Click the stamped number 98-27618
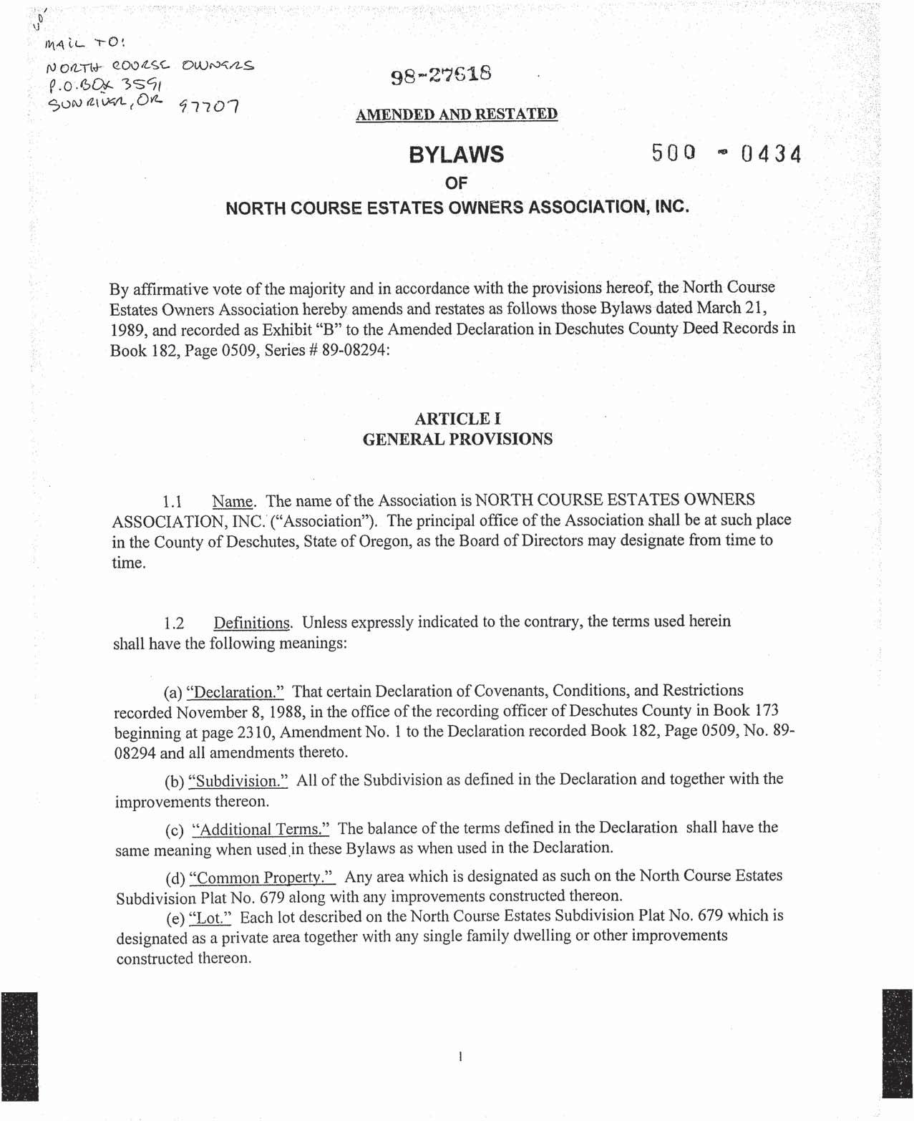441,75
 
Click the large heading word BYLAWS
456,155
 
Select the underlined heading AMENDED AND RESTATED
457,115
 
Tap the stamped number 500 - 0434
726,153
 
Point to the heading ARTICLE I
457,419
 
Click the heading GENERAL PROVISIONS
457,439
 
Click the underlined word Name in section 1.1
233,501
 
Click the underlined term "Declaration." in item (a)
235,692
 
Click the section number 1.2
175,623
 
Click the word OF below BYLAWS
456,183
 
